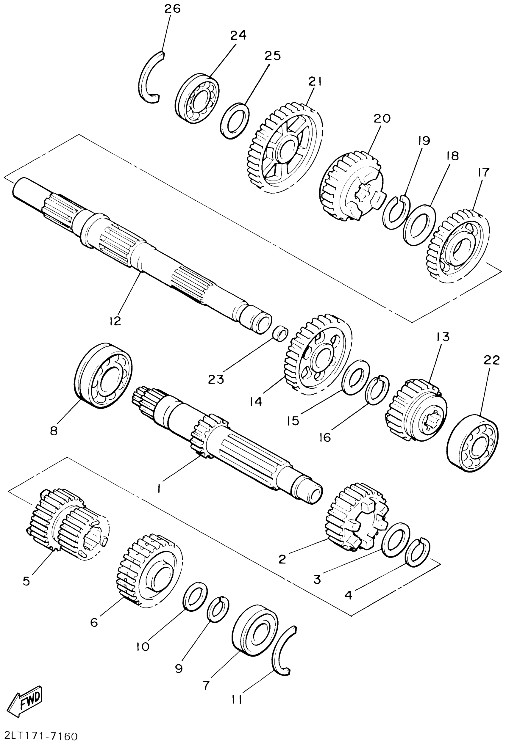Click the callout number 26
pos(172,9)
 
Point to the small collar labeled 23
pos(280,334)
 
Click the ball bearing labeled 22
pos(473,443)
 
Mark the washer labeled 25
pos(235,120)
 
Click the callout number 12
pos(115,321)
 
